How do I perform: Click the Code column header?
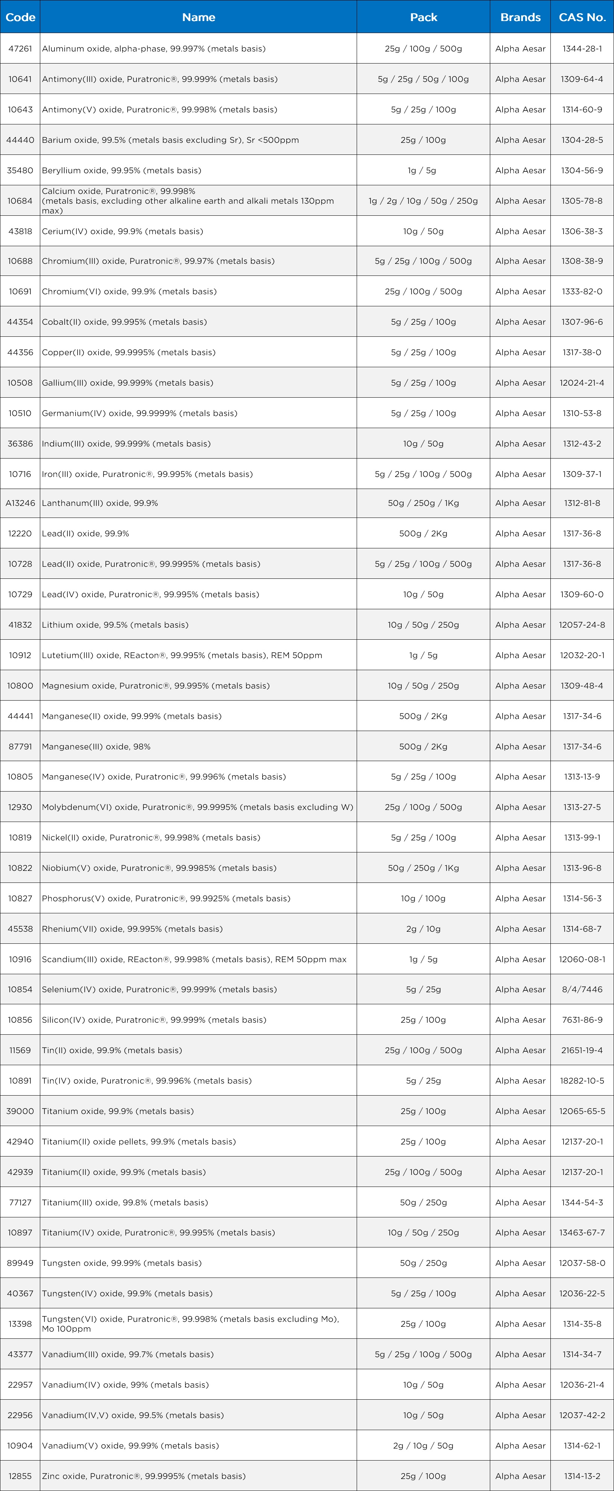point(20,17)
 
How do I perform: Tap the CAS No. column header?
point(582,17)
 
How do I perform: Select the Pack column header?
point(423,17)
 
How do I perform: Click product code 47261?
point(20,48)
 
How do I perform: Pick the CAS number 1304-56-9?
point(582,170)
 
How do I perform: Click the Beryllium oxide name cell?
point(122,170)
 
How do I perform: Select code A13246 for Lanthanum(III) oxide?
point(20,503)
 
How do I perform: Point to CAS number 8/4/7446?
point(582,989)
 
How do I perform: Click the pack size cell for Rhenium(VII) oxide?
point(423,928)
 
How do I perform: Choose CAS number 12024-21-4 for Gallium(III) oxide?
point(582,383)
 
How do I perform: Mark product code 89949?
point(20,1262)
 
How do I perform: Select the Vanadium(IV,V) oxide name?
point(133,1415)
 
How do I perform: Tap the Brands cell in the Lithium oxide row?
point(520,625)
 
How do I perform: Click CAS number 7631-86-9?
point(582,1019)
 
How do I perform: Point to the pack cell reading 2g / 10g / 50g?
point(423,1445)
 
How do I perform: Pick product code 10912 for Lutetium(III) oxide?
point(20,655)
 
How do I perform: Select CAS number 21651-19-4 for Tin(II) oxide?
point(582,1050)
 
